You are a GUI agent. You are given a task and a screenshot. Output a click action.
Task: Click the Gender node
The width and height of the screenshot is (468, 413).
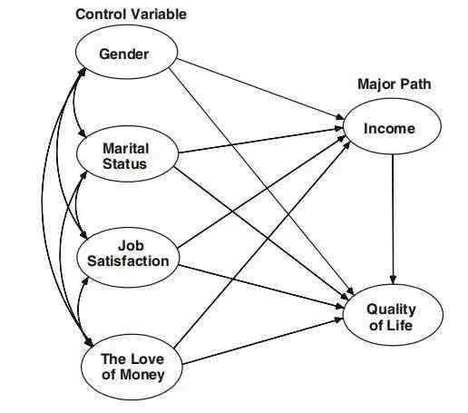126,53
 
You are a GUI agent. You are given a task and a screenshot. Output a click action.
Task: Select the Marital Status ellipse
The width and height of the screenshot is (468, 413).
127,153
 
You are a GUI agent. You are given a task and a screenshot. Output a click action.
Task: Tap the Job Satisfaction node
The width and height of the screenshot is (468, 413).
127,257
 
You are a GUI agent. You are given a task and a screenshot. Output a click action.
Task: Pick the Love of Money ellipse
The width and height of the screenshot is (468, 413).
132,368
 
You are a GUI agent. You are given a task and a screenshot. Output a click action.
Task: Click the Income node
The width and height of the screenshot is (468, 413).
392,127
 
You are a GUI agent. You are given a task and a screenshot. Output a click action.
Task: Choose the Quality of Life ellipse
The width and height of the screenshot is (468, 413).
393,315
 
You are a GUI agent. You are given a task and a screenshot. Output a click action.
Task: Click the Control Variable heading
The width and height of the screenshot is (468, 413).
131,15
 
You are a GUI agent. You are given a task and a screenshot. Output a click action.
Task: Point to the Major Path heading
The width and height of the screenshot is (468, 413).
395,84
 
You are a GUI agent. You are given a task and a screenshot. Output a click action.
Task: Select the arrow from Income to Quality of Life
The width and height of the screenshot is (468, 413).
393,220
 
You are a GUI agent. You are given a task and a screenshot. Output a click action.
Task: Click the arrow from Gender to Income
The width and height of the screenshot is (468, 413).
260,89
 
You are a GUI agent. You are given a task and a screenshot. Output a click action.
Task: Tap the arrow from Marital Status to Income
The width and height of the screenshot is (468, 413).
260,141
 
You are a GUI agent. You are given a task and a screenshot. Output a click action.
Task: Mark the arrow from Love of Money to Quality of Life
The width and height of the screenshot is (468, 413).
263,341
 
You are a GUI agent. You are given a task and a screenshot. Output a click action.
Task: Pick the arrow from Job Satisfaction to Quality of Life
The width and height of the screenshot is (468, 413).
261,287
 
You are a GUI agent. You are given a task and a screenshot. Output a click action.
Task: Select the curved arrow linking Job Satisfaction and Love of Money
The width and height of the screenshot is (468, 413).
79,311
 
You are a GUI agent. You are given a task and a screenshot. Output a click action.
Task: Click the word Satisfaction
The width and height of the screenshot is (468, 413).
128,261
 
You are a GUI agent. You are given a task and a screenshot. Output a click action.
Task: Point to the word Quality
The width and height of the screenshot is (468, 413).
392,310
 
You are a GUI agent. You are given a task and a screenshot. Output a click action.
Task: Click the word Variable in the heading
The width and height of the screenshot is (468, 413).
159,15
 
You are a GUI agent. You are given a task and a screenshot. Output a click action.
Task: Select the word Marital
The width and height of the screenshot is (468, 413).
126,149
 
